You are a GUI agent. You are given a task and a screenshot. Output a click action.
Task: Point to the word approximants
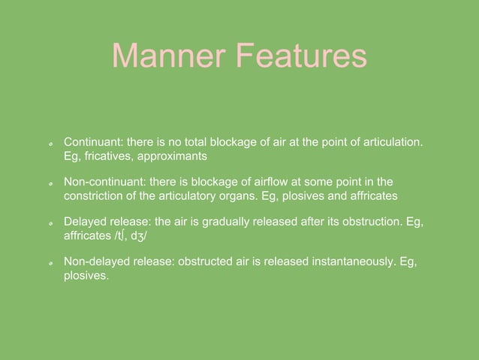(173, 156)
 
